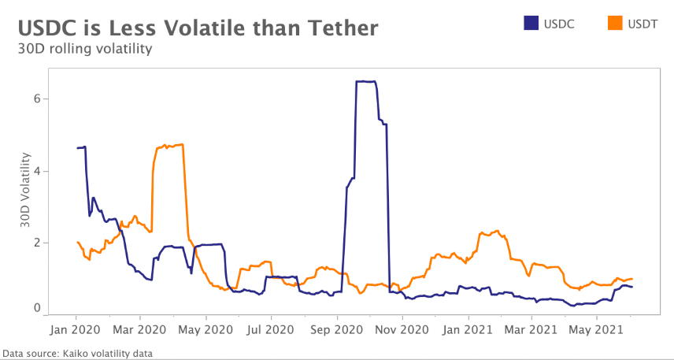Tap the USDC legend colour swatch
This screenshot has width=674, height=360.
click(x=531, y=24)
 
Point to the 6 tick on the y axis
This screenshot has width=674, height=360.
click(x=36, y=99)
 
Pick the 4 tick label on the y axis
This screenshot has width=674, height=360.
click(x=36, y=171)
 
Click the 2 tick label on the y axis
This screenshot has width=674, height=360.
click(x=36, y=243)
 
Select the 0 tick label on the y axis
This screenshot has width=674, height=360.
click(x=36, y=308)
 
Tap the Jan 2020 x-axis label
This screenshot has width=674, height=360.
click(x=76, y=326)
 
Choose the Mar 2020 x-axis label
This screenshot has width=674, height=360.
click(x=140, y=326)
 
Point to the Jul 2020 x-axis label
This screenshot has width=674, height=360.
click(x=270, y=326)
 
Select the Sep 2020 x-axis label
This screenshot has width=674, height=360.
click(x=337, y=326)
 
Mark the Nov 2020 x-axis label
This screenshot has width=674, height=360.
click(x=402, y=326)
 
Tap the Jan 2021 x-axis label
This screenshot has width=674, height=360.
click(x=468, y=326)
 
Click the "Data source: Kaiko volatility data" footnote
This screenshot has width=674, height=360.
click(x=77, y=354)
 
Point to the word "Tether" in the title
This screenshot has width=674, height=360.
click(x=340, y=28)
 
